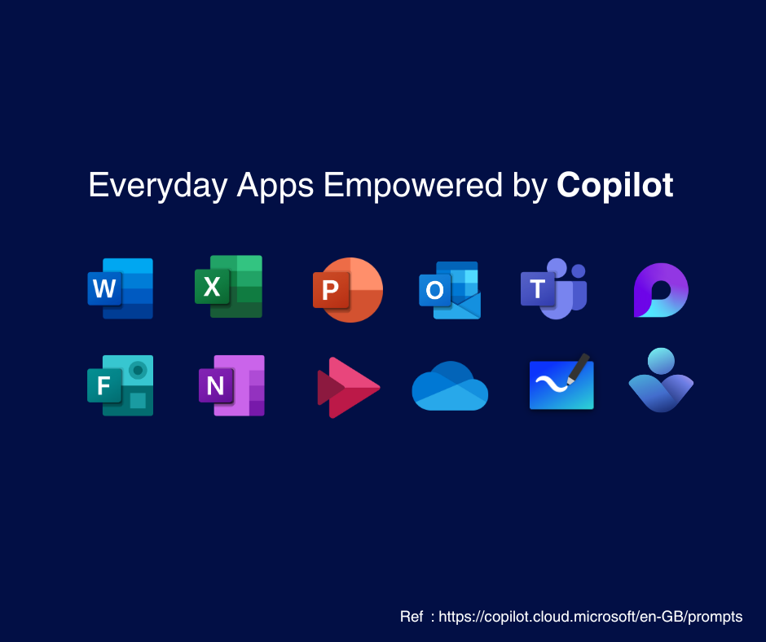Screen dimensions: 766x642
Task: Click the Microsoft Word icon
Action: pyautogui.click(x=120, y=288)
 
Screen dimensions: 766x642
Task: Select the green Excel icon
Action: pyautogui.click(x=229, y=286)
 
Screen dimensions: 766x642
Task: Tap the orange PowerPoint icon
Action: pyautogui.click(x=348, y=290)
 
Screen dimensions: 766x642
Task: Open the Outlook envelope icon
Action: pyautogui.click(x=450, y=290)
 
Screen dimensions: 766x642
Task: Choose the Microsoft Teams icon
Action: pyautogui.click(x=553, y=288)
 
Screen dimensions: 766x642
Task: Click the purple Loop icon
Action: pyautogui.click(x=661, y=290)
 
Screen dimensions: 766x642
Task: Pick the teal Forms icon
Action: pyautogui.click(x=120, y=385)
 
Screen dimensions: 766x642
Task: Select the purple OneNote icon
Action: pyautogui.click(x=231, y=385)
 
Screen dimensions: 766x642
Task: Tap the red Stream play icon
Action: pyautogui.click(x=348, y=388)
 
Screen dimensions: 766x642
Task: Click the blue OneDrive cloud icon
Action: pyautogui.click(x=450, y=386)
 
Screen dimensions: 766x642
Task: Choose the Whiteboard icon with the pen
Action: pyautogui.click(x=561, y=381)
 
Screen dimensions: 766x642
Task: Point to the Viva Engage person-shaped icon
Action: pyautogui.click(x=661, y=380)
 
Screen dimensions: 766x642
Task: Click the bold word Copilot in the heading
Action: pyautogui.click(x=615, y=185)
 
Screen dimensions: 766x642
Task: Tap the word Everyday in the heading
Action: pyautogui.click(x=158, y=186)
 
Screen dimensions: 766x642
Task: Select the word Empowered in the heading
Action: pyautogui.click(x=413, y=186)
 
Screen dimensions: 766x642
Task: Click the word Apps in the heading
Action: pyautogui.click(x=275, y=186)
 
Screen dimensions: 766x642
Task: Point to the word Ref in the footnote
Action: pyautogui.click(x=412, y=617)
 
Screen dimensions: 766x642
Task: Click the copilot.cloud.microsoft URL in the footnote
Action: pyautogui.click(x=591, y=617)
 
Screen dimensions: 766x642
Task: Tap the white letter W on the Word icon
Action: pyautogui.click(x=104, y=288)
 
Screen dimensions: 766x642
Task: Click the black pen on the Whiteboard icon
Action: pyautogui.click(x=578, y=368)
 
